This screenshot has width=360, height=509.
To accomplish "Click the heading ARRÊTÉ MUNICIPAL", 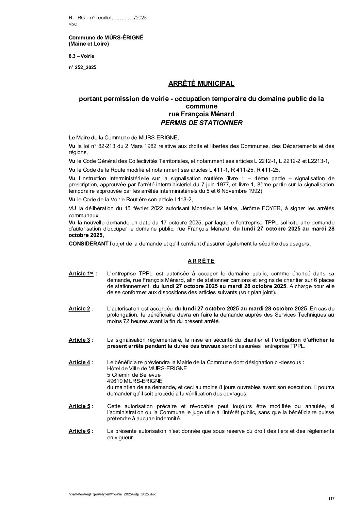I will [201, 83].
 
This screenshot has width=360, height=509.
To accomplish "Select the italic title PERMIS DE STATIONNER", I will [201, 123].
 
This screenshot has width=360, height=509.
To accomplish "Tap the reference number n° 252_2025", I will [82, 67].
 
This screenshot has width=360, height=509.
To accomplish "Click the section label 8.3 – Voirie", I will [81, 56].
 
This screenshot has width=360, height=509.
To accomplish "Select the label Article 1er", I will [82, 273].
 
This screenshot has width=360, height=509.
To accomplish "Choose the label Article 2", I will [79, 309].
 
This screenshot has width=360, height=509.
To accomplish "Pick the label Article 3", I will [79, 340].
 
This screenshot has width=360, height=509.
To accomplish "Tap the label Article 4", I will [79, 362].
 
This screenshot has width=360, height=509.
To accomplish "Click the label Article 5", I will [79, 406].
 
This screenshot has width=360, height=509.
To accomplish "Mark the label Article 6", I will [79, 431].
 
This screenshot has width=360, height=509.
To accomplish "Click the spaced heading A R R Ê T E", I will [201, 261].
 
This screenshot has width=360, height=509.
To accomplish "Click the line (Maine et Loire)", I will [89, 44].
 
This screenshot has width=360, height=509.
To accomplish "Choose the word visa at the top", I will [73, 24].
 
